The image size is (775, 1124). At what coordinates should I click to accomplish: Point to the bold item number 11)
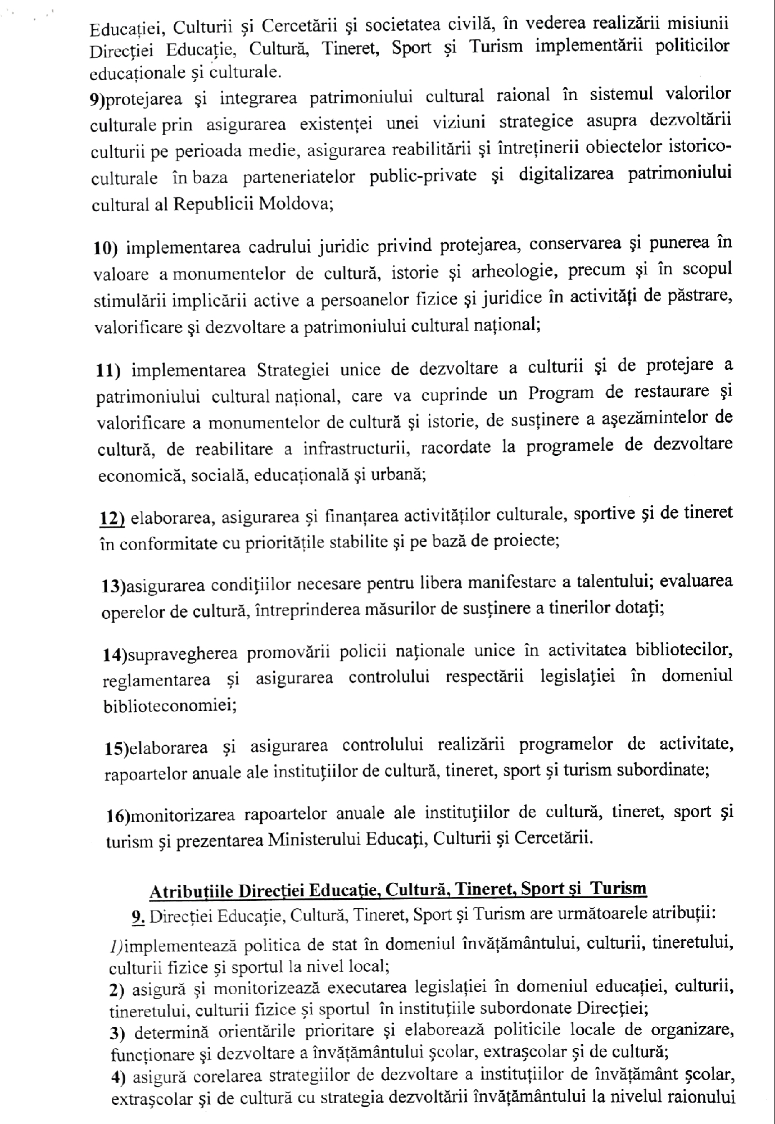108,371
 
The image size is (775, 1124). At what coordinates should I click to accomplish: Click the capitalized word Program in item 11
560,393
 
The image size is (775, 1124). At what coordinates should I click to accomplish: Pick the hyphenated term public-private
423,176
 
